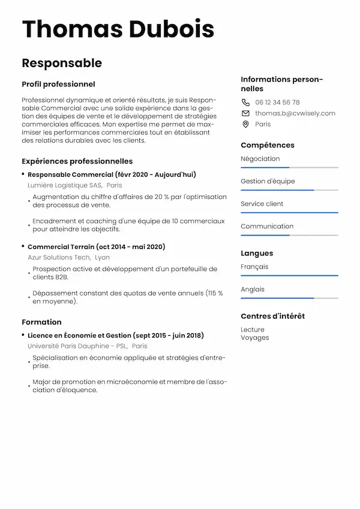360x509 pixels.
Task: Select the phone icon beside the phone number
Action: pyautogui.click(x=245, y=103)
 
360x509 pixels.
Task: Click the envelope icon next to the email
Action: pyautogui.click(x=245, y=113)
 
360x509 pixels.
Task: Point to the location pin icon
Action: pyautogui.click(x=245, y=124)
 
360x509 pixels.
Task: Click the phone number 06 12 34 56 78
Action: pyautogui.click(x=277, y=103)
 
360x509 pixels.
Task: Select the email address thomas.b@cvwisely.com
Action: pyautogui.click(x=295, y=113)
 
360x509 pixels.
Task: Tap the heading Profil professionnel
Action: pyautogui.click(x=58, y=85)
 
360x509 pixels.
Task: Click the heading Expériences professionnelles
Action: pyautogui.click(x=77, y=161)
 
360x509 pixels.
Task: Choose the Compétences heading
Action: pyautogui.click(x=268, y=145)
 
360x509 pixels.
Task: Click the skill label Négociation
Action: pyautogui.click(x=260, y=159)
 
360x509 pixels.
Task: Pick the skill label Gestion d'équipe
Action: pyautogui.click(x=268, y=181)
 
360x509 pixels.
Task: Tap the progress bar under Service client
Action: pyautogui.click(x=289, y=213)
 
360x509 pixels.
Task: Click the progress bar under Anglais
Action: pyautogui.click(x=289, y=298)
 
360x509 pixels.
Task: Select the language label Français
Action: pyautogui.click(x=254, y=267)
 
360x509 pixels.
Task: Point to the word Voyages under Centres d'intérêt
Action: pyautogui.click(x=254, y=338)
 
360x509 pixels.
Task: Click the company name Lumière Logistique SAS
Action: pyautogui.click(x=65, y=185)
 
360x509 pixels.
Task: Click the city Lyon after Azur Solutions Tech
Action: pyautogui.click(x=102, y=257)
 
